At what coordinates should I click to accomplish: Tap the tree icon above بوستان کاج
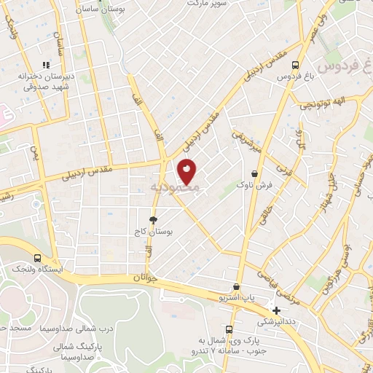coord(154,219)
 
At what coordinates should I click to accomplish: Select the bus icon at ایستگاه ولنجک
coord(37,258)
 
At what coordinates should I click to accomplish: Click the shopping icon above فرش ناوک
coord(254,174)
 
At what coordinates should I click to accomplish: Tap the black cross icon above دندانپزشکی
coord(276,310)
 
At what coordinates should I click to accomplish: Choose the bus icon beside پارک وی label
coord(229,331)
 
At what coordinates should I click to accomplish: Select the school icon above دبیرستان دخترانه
coord(45,65)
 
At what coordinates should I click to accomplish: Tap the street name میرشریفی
coord(246,141)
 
